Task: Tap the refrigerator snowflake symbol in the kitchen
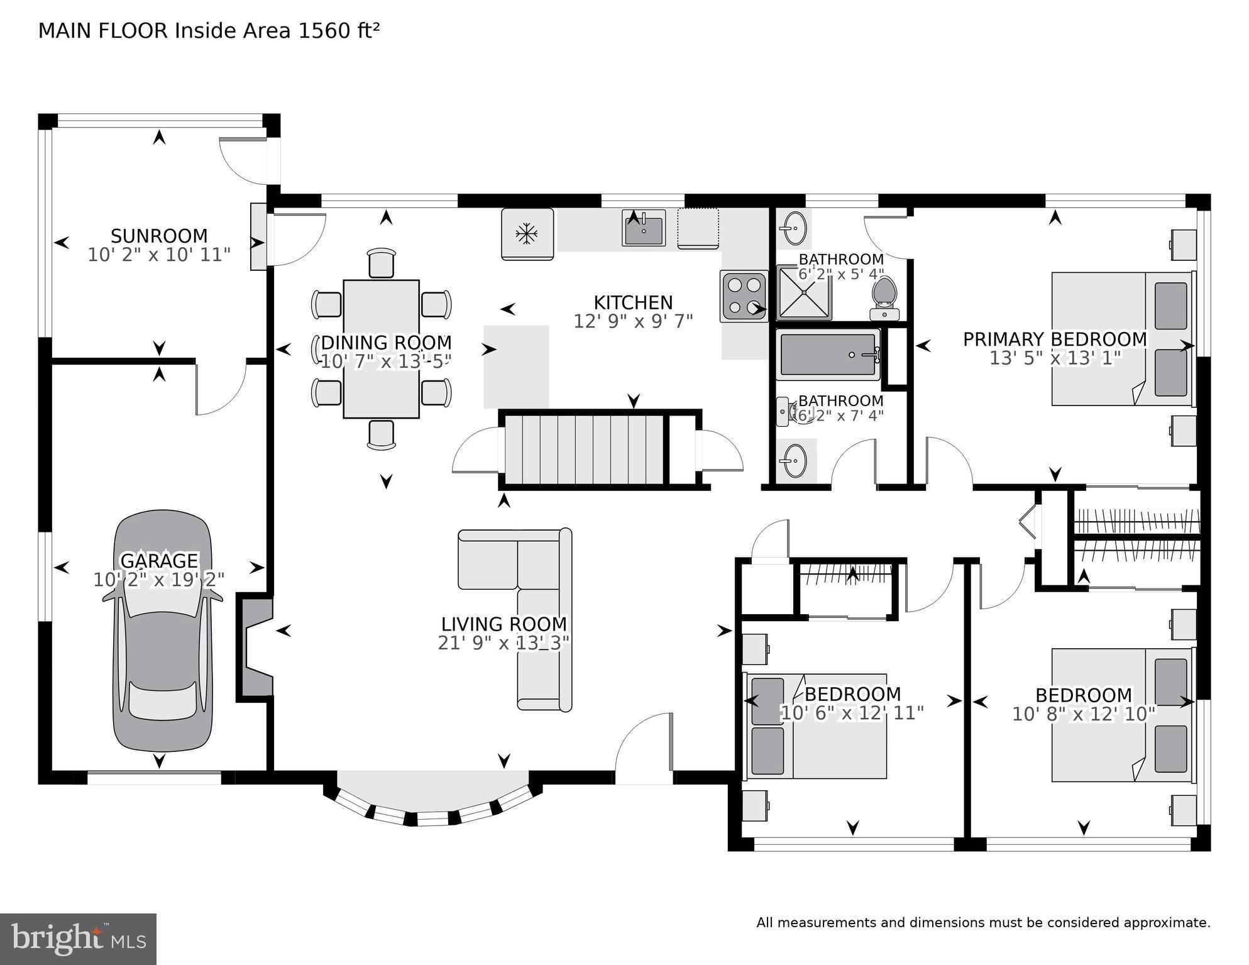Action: [527, 234]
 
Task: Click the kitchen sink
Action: [644, 228]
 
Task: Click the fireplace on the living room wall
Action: [256, 648]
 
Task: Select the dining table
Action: [381, 349]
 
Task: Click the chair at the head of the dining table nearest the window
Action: [382, 263]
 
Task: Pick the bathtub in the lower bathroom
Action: [827, 355]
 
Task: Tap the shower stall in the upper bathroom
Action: [804, 293]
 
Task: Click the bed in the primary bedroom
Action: [1122, 339]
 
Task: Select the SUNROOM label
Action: [159, 236]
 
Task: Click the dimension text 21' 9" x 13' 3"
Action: [503, 643]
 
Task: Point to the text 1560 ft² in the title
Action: [339, 31]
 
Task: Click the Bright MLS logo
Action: [78, 939]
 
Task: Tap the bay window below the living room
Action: [432, 802]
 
